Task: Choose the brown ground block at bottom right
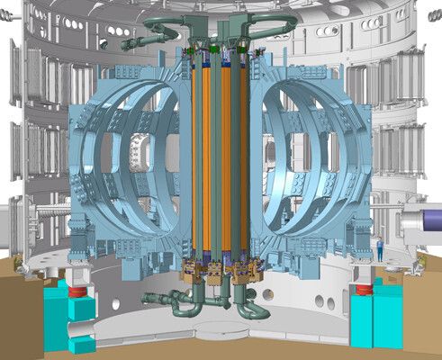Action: tap(423, 306)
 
